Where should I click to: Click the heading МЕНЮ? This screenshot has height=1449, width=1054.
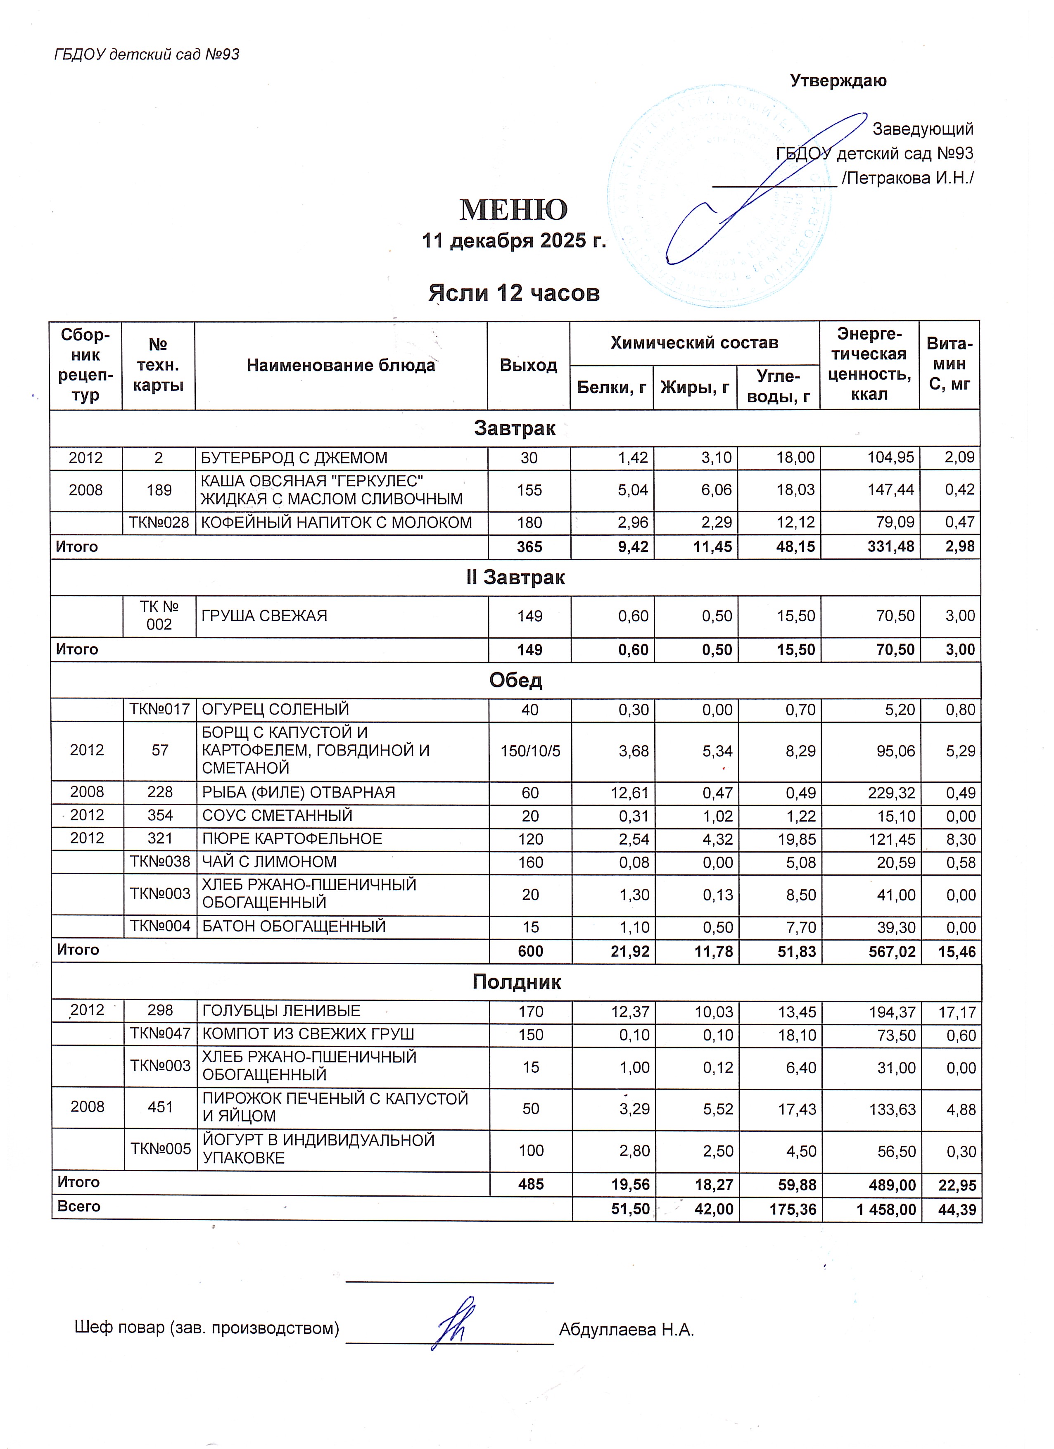(x=514, y=209)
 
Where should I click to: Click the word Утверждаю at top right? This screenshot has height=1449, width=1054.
(x=838, y=81)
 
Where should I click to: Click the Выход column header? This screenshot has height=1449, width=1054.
(x=528, y=366)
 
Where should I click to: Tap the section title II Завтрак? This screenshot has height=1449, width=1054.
(x=515, y=577)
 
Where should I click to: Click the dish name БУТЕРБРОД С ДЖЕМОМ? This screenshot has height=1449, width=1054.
(x=294, y=458)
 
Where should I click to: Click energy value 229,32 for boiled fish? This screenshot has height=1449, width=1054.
(x=892, y=793)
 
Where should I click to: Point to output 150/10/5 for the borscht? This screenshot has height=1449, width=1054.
(x=530, y=751)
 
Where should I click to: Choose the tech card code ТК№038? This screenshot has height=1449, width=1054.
(x=160, y=862)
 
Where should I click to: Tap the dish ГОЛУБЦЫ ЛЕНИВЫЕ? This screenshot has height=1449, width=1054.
(x=281, y=1011)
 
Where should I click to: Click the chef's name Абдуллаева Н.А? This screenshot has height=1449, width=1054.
(x=626, y=1330)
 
